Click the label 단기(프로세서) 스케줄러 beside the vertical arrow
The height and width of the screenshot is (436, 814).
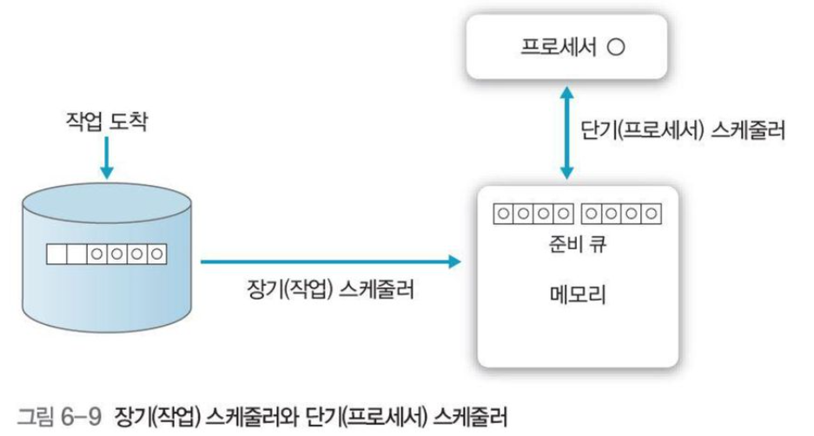682,132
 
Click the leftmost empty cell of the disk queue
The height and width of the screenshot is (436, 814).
57,254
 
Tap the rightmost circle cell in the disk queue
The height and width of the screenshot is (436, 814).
157,254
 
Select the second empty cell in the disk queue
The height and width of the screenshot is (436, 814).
77,254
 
